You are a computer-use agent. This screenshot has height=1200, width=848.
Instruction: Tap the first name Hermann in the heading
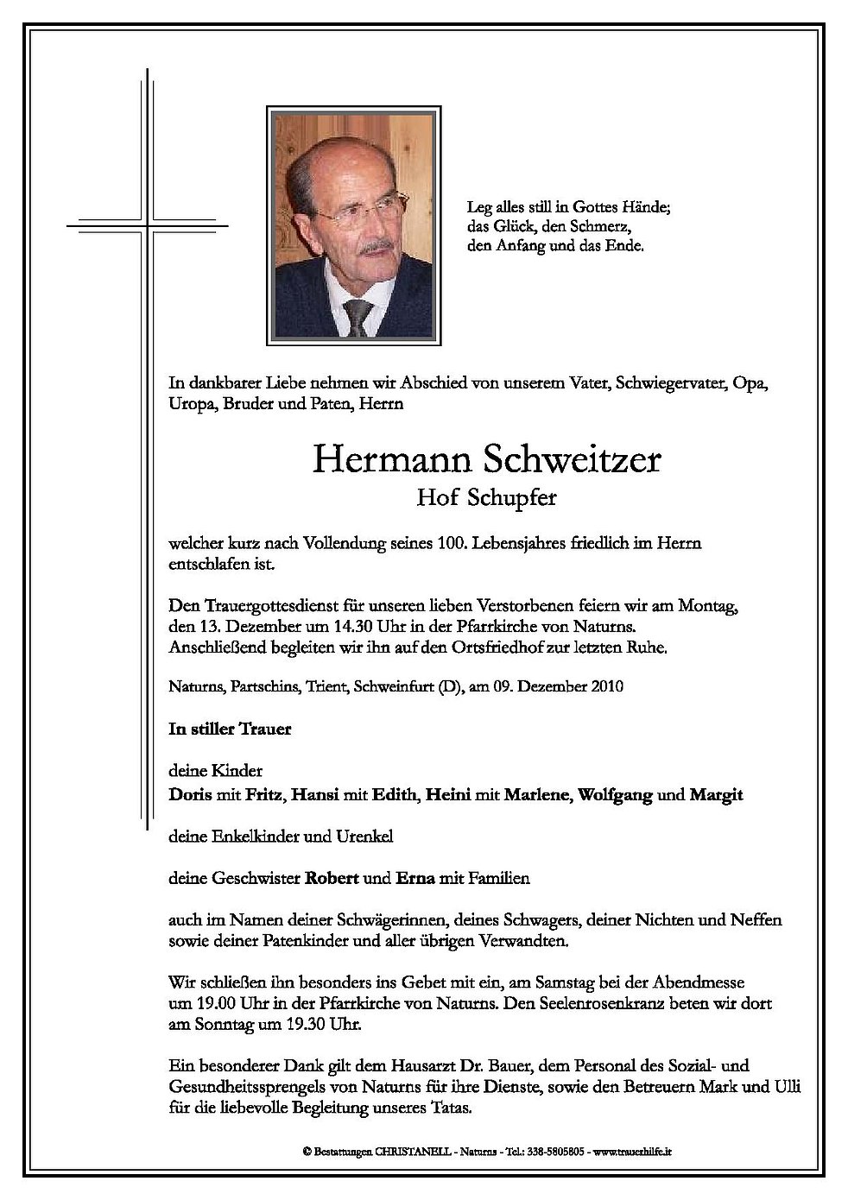380,460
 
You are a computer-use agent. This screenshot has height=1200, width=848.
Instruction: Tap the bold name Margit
716,795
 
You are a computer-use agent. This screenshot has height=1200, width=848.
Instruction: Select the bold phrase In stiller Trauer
231,729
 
